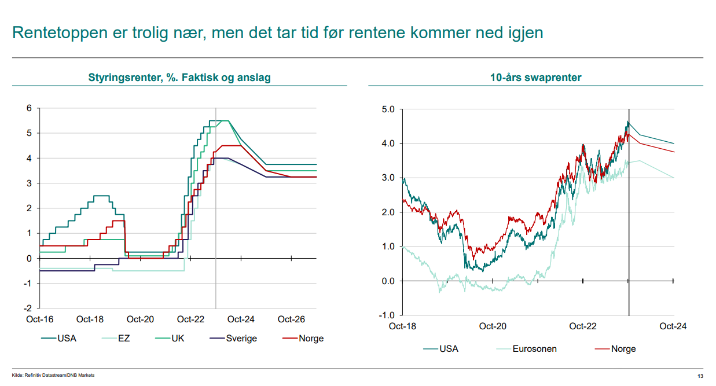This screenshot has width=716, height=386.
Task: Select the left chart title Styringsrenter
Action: [x=125, y=78]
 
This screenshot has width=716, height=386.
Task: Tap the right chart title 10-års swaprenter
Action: [x=535, y=78]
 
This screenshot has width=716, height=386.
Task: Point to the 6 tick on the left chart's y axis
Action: [x=29, y=108]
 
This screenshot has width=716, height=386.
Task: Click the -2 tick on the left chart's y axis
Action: [x=27, y=308]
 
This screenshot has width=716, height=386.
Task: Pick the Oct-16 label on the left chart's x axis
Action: [x=39, y=319]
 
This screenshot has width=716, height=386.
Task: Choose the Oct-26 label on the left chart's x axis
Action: [x=291, y=319]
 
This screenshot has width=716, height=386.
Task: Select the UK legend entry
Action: [x=178, y=339]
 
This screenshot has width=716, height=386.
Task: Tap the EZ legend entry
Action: [x=123, y=339]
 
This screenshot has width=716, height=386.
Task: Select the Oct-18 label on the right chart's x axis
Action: [x=402, y=326]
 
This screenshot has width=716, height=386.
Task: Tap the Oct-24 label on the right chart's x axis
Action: [x=673, y=326]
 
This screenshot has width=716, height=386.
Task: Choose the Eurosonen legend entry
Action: [x=534, y=349]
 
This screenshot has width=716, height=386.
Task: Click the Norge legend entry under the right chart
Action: [x=623, y=349]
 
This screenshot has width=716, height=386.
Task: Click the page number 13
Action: [x=700, y=376]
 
